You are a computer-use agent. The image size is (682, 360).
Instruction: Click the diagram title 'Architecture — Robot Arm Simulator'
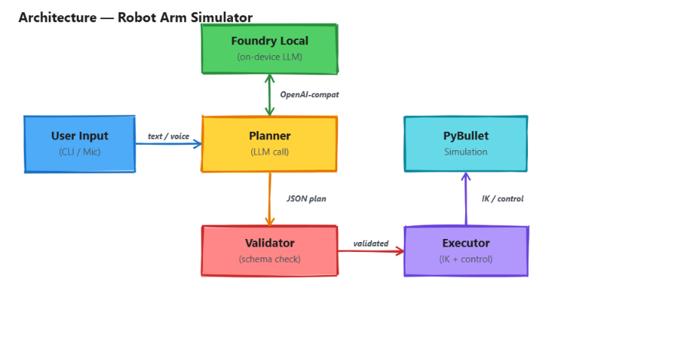(x=135, y=18)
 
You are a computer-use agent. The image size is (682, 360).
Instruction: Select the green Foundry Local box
(x=269, y=48)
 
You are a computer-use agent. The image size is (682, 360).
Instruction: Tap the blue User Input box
(x=80, y=144)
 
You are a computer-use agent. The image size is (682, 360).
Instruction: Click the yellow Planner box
(x=269, y=144)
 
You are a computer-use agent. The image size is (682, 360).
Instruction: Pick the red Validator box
(x=269, y=250)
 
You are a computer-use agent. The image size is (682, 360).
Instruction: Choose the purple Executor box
(x=466, y=250)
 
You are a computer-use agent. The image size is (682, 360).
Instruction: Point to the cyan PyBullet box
(x=466, y=144)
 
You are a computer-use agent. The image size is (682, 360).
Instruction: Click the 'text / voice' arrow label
(x=169, y=136)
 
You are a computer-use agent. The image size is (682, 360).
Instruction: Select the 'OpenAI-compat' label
(x=309, y=95)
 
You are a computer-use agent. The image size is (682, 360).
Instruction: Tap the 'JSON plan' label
(x=306, y=198)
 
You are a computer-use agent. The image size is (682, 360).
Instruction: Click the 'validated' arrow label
(x=371, y=244)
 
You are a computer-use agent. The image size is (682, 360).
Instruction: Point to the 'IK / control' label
(x=502, y=198)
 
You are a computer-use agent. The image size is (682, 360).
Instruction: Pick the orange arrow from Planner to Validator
(x=270, y=198)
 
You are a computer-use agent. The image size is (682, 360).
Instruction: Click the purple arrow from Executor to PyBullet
(x=466, y=199)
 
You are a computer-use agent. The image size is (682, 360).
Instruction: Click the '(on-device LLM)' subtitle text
(x=269, y=57)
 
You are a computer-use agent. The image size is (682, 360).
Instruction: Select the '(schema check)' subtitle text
(x=269, y=259)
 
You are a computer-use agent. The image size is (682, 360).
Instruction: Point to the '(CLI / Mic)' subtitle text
(x=80, y=152)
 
